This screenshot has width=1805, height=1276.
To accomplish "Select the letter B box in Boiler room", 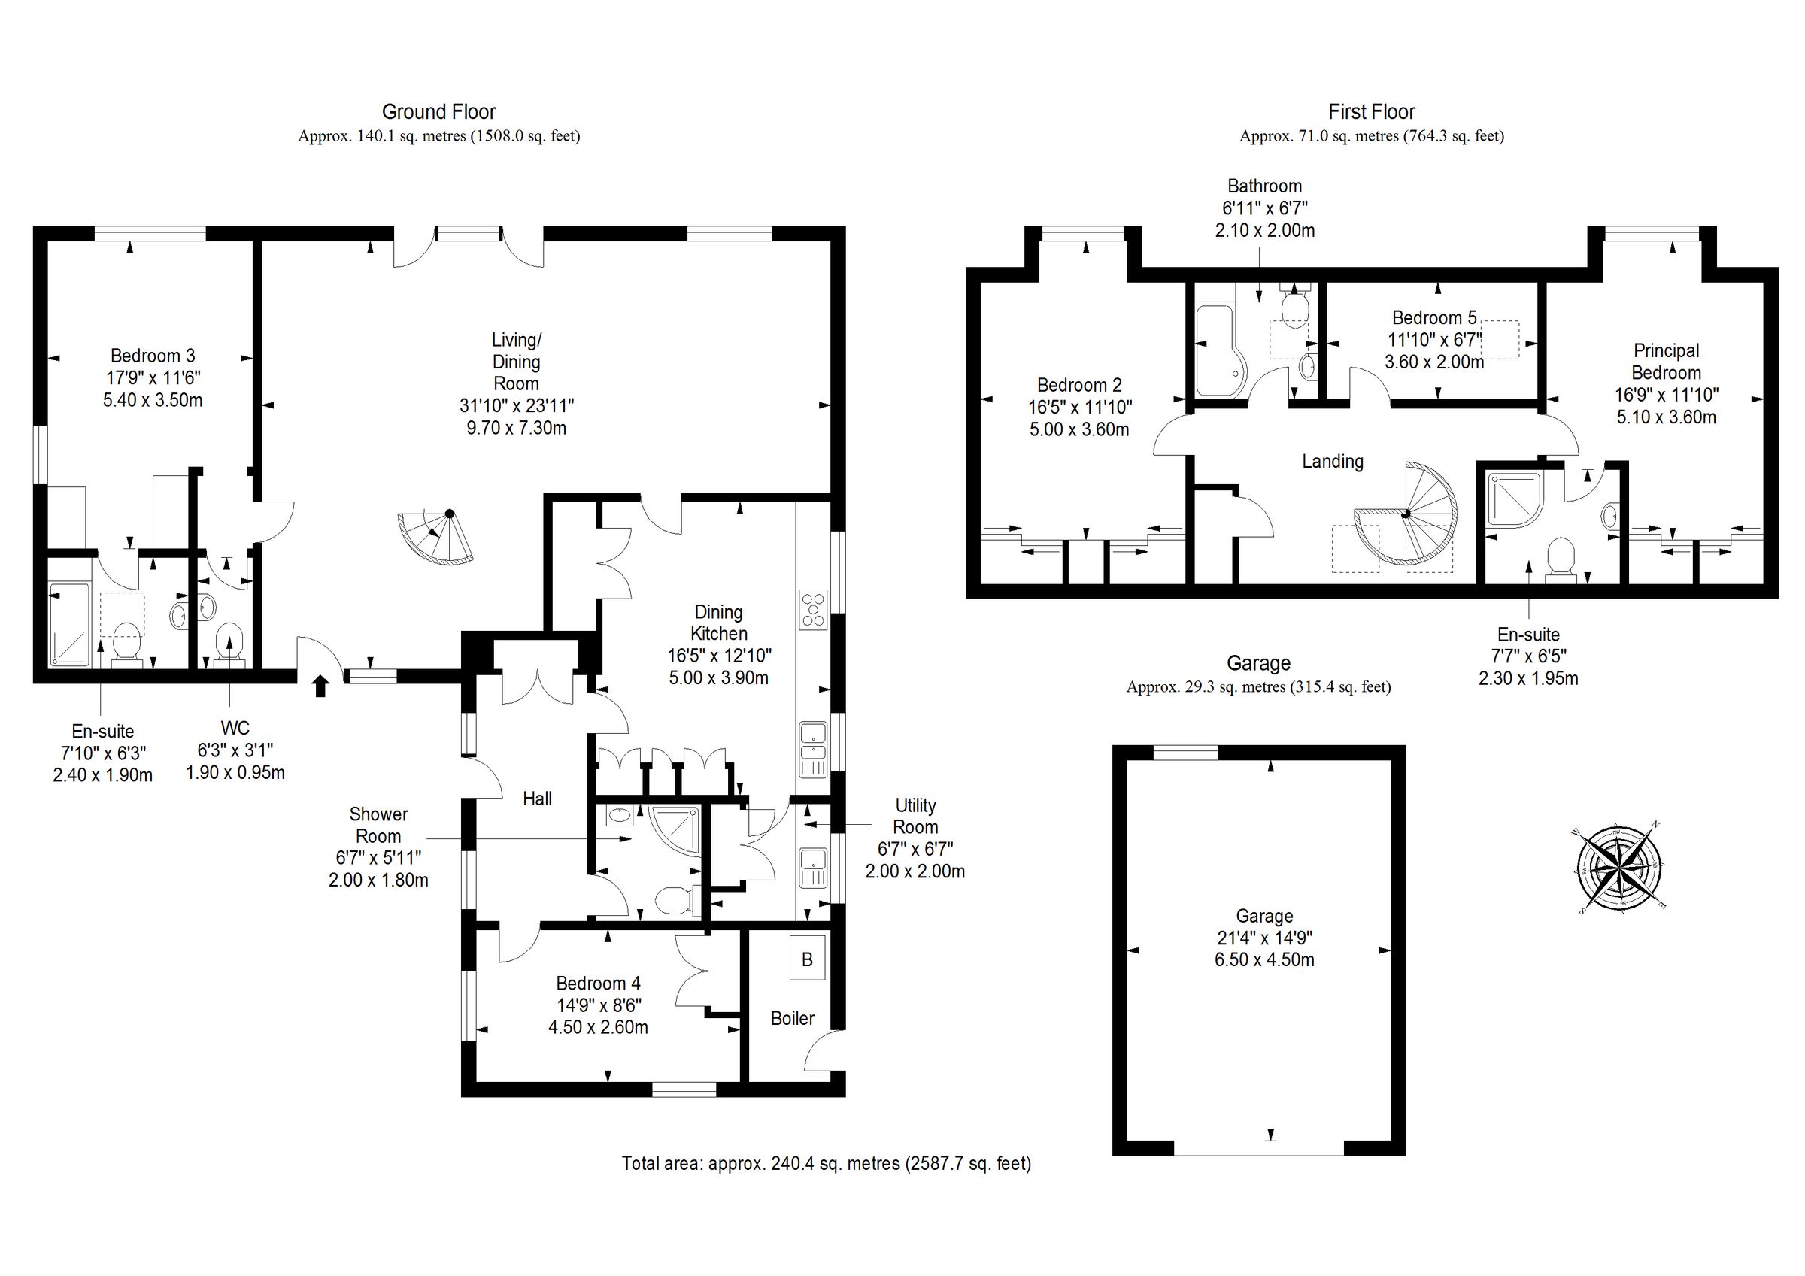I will pyautogui.click(x=806, y=959).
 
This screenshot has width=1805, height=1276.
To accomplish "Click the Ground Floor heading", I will pyautogui.click(x=438, y=111).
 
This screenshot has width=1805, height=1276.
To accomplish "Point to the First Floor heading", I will pyautogui.click(x=1371, y=111).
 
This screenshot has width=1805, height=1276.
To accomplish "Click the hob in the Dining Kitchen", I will pyautogui.click(x=813, y=609).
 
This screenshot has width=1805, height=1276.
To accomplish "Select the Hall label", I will pyautogui.click(x=537, y=799).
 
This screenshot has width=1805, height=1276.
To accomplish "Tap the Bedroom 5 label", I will pyautogui.click(x=1434, y=317).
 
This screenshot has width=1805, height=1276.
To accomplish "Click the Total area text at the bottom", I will pyautogui.click(x=826, y=1163).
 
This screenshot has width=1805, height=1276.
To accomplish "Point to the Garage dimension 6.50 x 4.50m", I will pyautogui.click(x=1264, y=960).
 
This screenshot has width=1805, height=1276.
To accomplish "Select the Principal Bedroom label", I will pyautogui.click(x=1665, y=362).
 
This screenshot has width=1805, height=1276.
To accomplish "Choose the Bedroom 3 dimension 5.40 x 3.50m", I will pyautogui.click(x=153, y=400).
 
